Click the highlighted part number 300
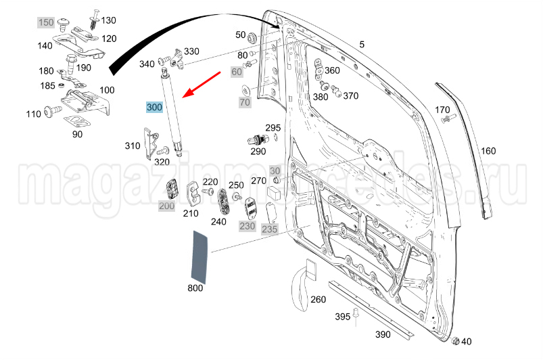[154, 107]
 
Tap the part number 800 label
[195, 289]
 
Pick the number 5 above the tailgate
[362, 45]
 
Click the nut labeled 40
[455, 340]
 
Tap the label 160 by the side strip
[488, 150]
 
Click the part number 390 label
[383, 334]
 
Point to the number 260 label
[318, 299]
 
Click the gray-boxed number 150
[46, 23]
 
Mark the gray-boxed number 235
[269, 229]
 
